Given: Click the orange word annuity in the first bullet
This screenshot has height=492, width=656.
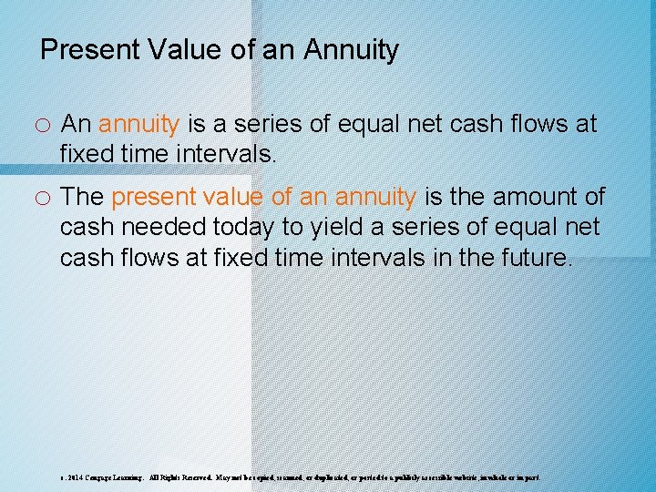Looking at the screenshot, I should (138, 124).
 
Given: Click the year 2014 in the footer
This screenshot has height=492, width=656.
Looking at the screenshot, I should (74, 477).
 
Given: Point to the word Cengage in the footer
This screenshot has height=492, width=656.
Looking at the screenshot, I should (103, 477).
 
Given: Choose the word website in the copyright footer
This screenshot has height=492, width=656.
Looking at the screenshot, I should (475, 477).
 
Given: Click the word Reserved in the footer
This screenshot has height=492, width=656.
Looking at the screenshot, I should (195, 477).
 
